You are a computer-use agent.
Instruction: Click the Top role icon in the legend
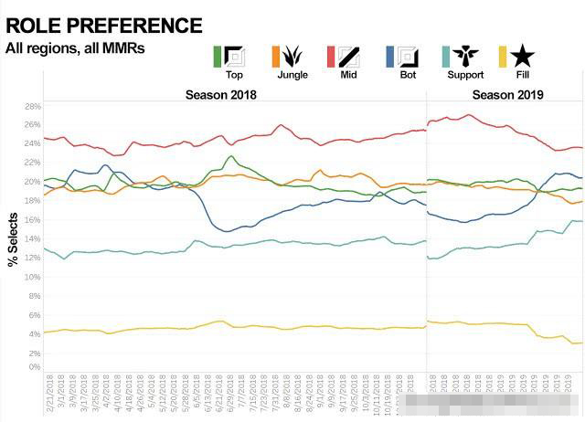[235, 57]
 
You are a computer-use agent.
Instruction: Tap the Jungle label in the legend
[292, 75]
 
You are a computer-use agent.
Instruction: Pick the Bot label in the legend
[402, 75]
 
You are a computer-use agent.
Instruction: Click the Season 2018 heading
[220, 95]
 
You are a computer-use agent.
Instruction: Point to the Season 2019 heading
[507, 95]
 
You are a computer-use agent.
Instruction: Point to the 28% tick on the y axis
[33, 106]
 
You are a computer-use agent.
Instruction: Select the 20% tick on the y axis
[33, 182]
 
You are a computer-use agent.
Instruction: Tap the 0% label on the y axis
[35, 367]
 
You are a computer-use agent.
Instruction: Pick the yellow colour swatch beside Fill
[505, 57]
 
